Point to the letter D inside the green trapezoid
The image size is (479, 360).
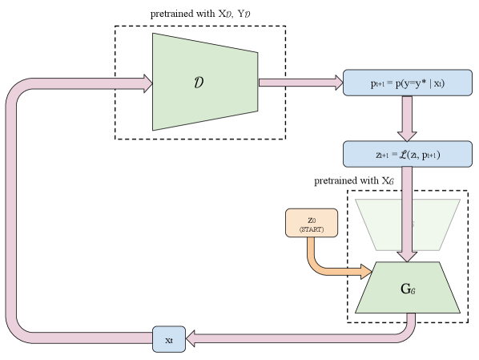pyautogui.click(x=199, y=83)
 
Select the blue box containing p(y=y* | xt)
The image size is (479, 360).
pyautogui.click(x=407, y=83)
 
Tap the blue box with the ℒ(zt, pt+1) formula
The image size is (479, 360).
pyautogui.click(x=407, y=154)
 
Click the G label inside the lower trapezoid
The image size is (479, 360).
pyautogui.click(x=407, y=288)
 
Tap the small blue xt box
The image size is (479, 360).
pyautogui.click(x=169, y=339)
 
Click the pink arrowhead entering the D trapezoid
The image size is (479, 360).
pyautogui.click(x=147, y=83)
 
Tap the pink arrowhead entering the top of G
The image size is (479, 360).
pyautogui.click(x=407, y=255)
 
